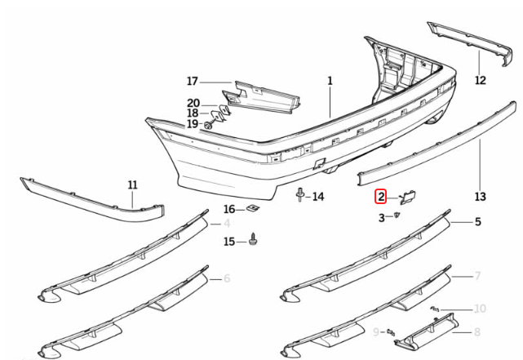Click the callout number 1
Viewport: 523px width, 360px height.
pyautogui.click(x=330, y=81)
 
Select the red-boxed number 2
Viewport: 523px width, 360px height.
pyautogui.click(x=381, y=197)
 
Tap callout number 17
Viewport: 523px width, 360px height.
pyautogui.click(x=193, y=81)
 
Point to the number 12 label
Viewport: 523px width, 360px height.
pyautogui.click(x=480, y=80)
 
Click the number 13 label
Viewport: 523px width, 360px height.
pyautogui.click(x=480, y=197)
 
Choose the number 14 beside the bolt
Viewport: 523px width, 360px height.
pyautogui.click(x=318, y=197)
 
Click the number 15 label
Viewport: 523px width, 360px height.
pyautogui.click(x=229, y=241)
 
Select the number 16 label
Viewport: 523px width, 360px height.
pyautogui.click(x=229, y=210)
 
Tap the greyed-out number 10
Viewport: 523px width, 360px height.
pyautogui.click(x=480, y=309)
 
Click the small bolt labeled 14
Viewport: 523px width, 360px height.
pyautogui.click(x=300, y=196)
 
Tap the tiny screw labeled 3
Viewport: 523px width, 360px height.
pyautogui.click(x=397, y=215)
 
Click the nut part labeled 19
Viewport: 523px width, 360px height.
pyautogui.click(x=209, y=125)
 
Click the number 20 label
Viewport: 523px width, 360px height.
pyautogui.click(x=193, y=103)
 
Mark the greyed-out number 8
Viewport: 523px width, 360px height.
pyautogui.click(x=478, y=332)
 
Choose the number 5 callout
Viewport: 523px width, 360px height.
pyautogui.click(x=478, y=221)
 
